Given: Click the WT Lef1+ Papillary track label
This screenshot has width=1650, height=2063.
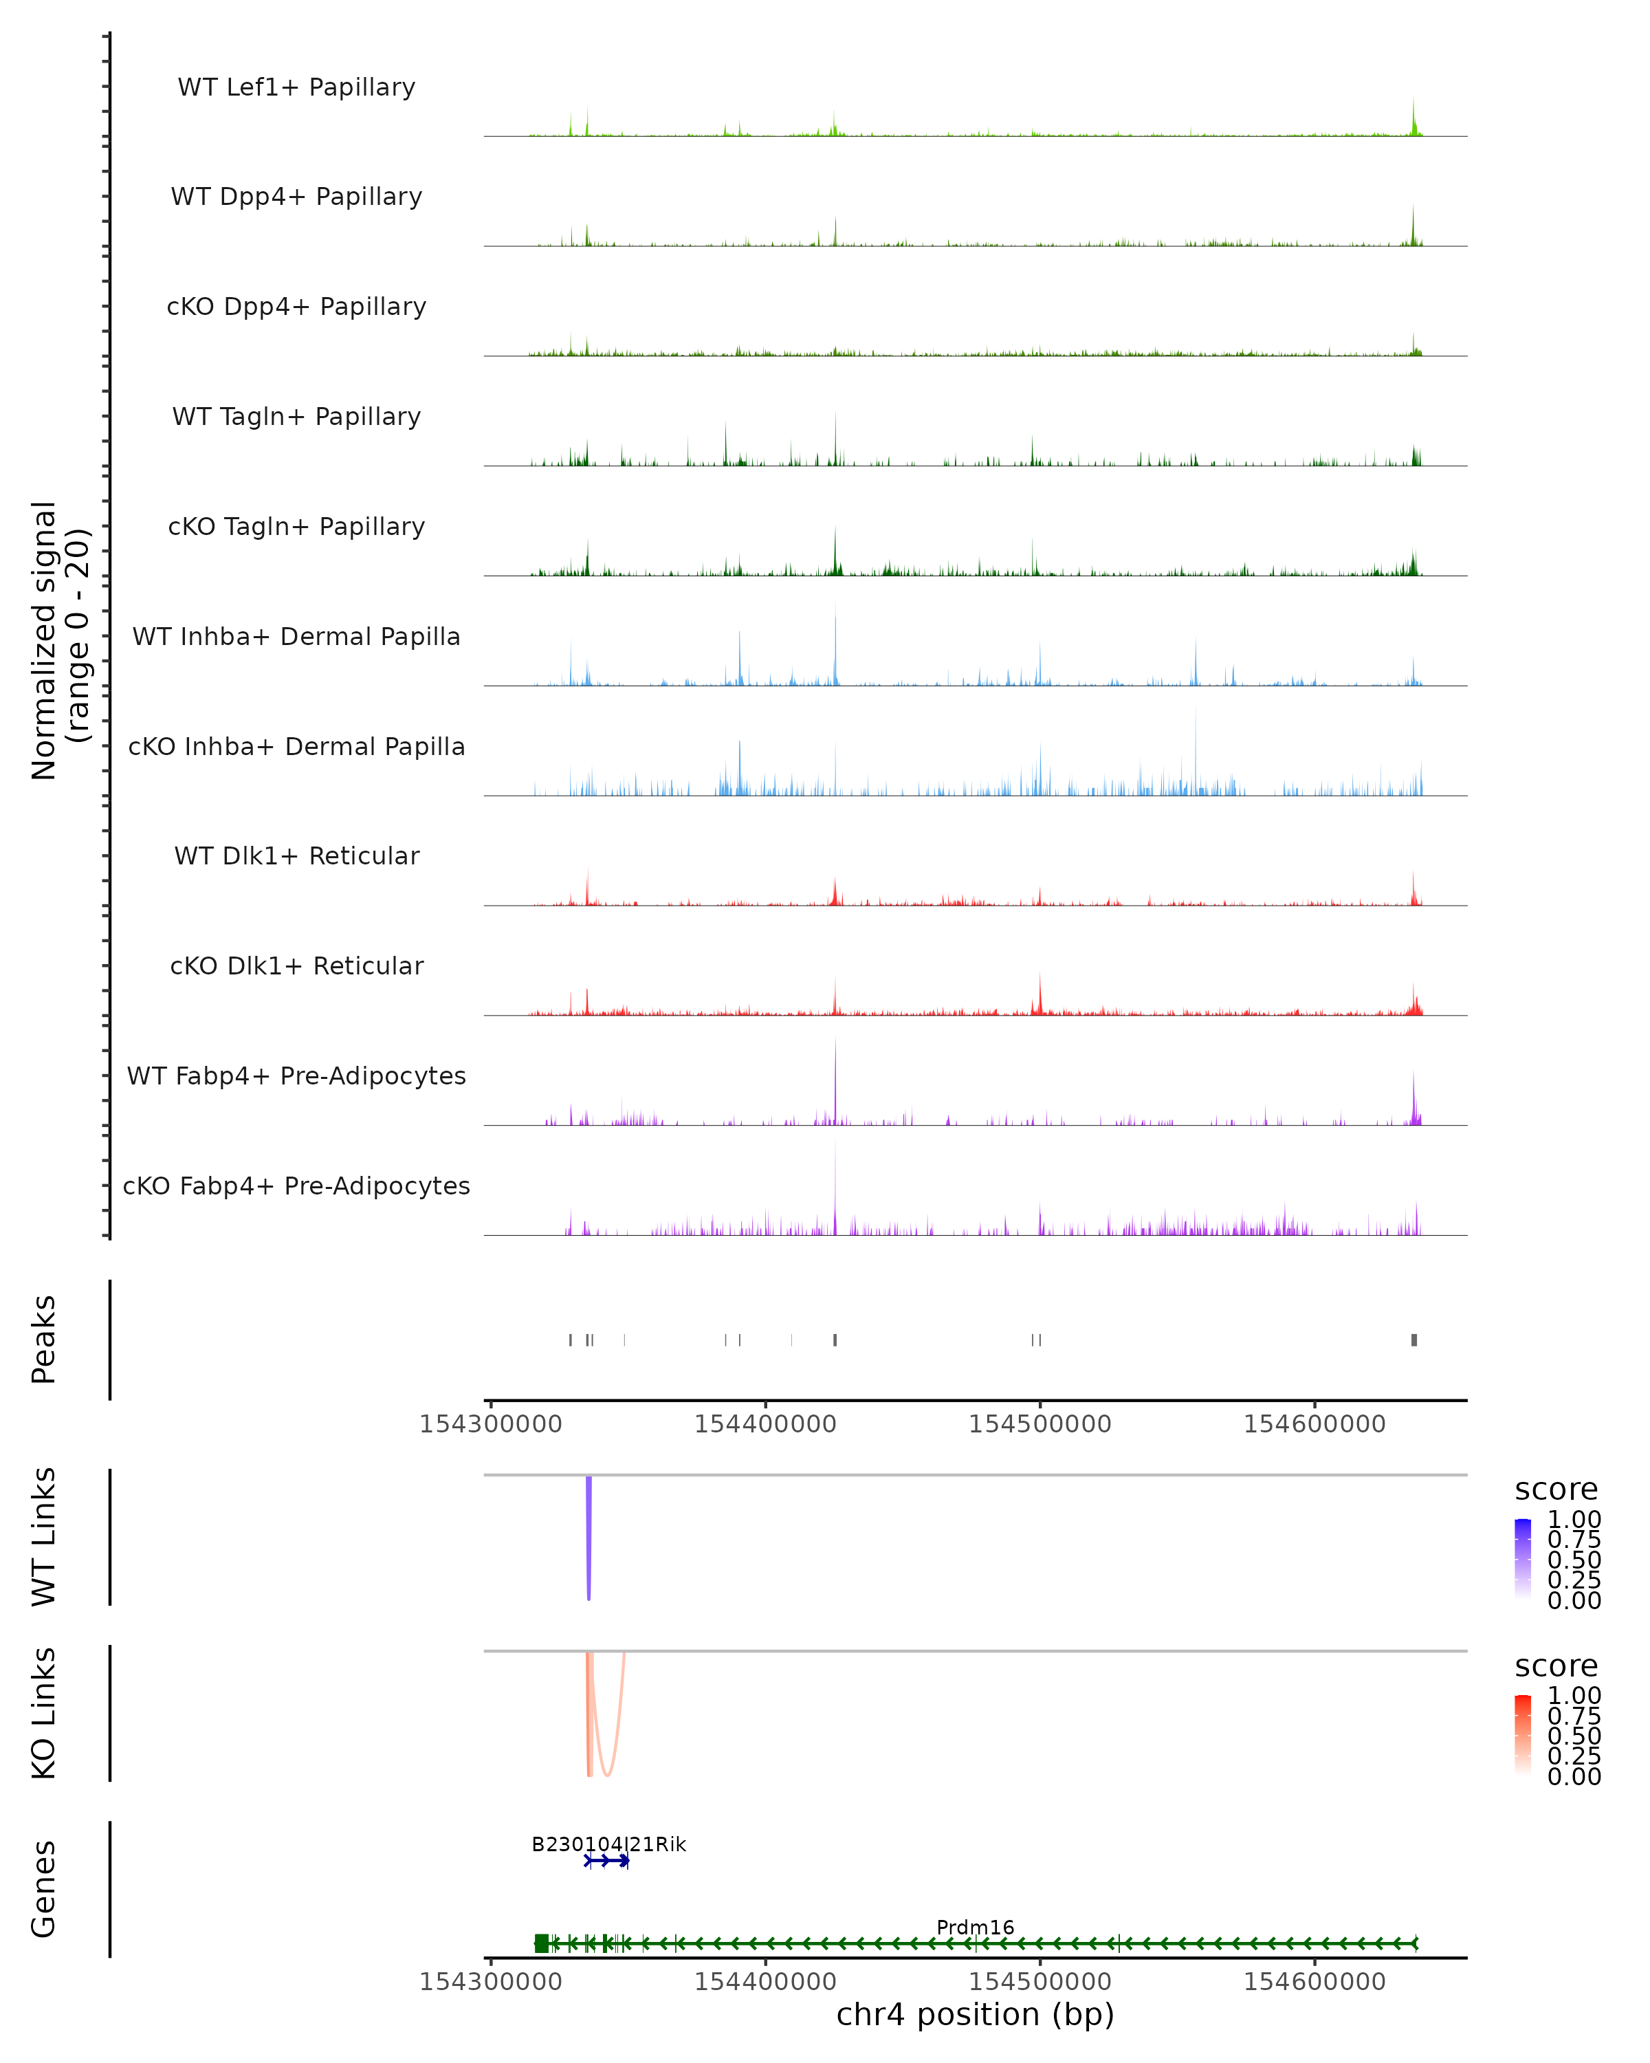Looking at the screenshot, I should [x=296, y=87].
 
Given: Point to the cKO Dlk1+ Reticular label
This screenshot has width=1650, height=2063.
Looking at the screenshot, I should [x=296, y=965].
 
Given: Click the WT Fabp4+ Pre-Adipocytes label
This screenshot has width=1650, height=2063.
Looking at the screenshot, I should [x=296, y=1076].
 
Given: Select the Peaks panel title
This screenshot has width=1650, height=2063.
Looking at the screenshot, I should [x=44, y=1339].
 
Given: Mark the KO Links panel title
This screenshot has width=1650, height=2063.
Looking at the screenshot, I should [x=44, y=1713].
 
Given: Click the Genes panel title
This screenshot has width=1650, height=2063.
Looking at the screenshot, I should [x=44, y=1889].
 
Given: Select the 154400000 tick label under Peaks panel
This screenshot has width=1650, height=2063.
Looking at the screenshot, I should [x=765, y=1424].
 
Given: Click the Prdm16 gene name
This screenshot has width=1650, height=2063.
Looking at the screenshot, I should [x=975, y=1927].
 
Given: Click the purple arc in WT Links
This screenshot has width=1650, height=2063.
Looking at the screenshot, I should [x=588, y=1540].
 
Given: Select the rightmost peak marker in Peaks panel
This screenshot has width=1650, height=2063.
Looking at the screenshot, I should [x=1413, y=1340].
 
